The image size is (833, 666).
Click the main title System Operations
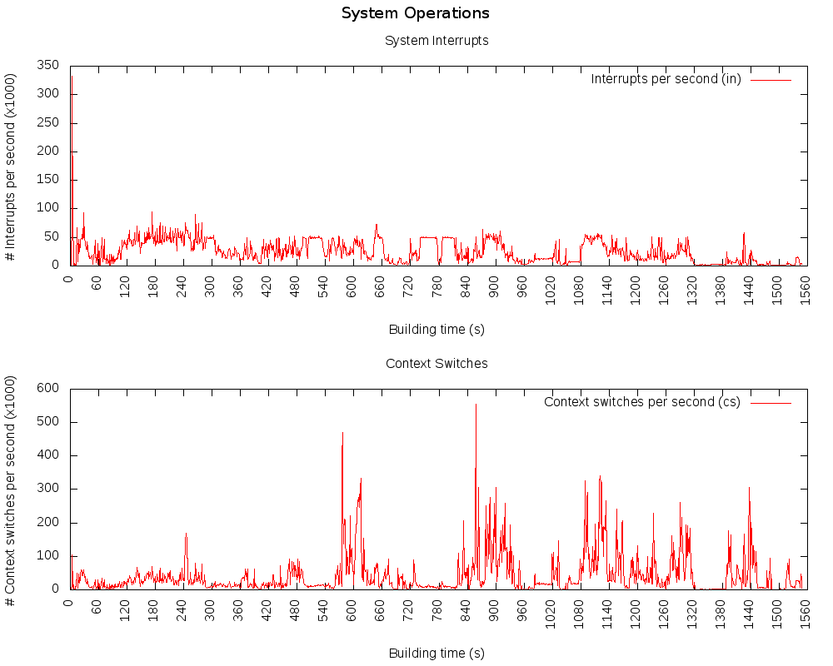coord(415,13)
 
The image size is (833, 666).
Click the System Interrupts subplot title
coord(436,40)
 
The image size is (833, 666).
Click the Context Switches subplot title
coord(436,363)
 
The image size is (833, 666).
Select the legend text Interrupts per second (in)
coord(666,79)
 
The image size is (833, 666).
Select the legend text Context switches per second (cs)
coord(641,402)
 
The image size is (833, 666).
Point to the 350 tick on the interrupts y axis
coord(48,65)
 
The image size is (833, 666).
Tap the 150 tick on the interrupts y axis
coord(48,180)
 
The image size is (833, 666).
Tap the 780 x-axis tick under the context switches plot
coord(437,610)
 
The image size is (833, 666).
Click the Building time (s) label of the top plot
coord(436,330)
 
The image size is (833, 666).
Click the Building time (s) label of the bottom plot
coord(436,654)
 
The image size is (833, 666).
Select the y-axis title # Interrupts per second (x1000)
coord(11,165)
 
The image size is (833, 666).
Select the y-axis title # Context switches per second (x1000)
coord(11,487)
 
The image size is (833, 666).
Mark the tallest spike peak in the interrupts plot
coord(72,77)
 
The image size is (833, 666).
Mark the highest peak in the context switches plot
coord(476,405)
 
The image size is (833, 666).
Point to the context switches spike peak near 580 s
coord(342,433)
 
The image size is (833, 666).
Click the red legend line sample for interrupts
coord(771,80)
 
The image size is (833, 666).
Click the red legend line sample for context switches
coord(771,402)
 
